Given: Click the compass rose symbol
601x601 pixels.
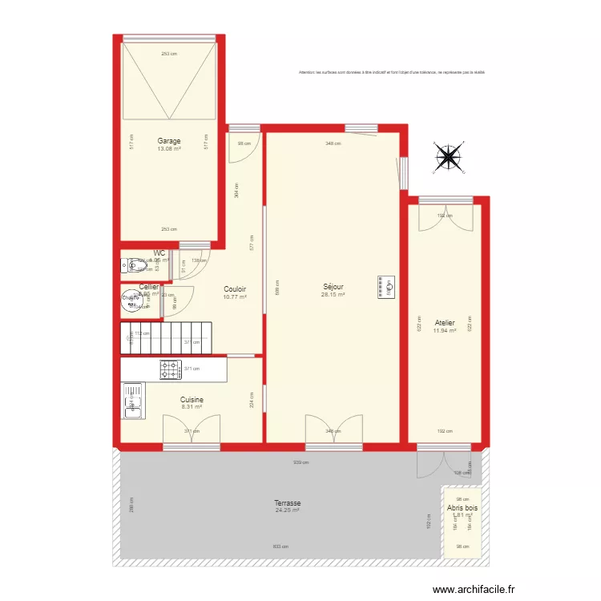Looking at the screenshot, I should click(449, 157).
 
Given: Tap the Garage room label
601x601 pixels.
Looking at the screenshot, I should click(169, 141).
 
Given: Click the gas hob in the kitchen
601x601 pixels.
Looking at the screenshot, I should click(170, 369).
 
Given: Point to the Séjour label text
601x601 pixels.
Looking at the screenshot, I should click(333, 286).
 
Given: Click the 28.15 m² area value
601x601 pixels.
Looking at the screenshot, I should click(333, 295).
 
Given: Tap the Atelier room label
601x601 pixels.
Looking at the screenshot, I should click(445, 323).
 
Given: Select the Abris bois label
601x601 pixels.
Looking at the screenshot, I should click(463, 507).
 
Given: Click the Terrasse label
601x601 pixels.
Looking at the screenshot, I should click(287, 502).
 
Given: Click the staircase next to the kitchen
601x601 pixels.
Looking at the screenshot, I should click(167, 337).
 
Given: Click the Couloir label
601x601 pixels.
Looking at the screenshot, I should click(235, 289).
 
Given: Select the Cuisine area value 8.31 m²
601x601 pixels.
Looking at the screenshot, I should click(192, 407).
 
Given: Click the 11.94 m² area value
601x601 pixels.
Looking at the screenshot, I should click(445, 331).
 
